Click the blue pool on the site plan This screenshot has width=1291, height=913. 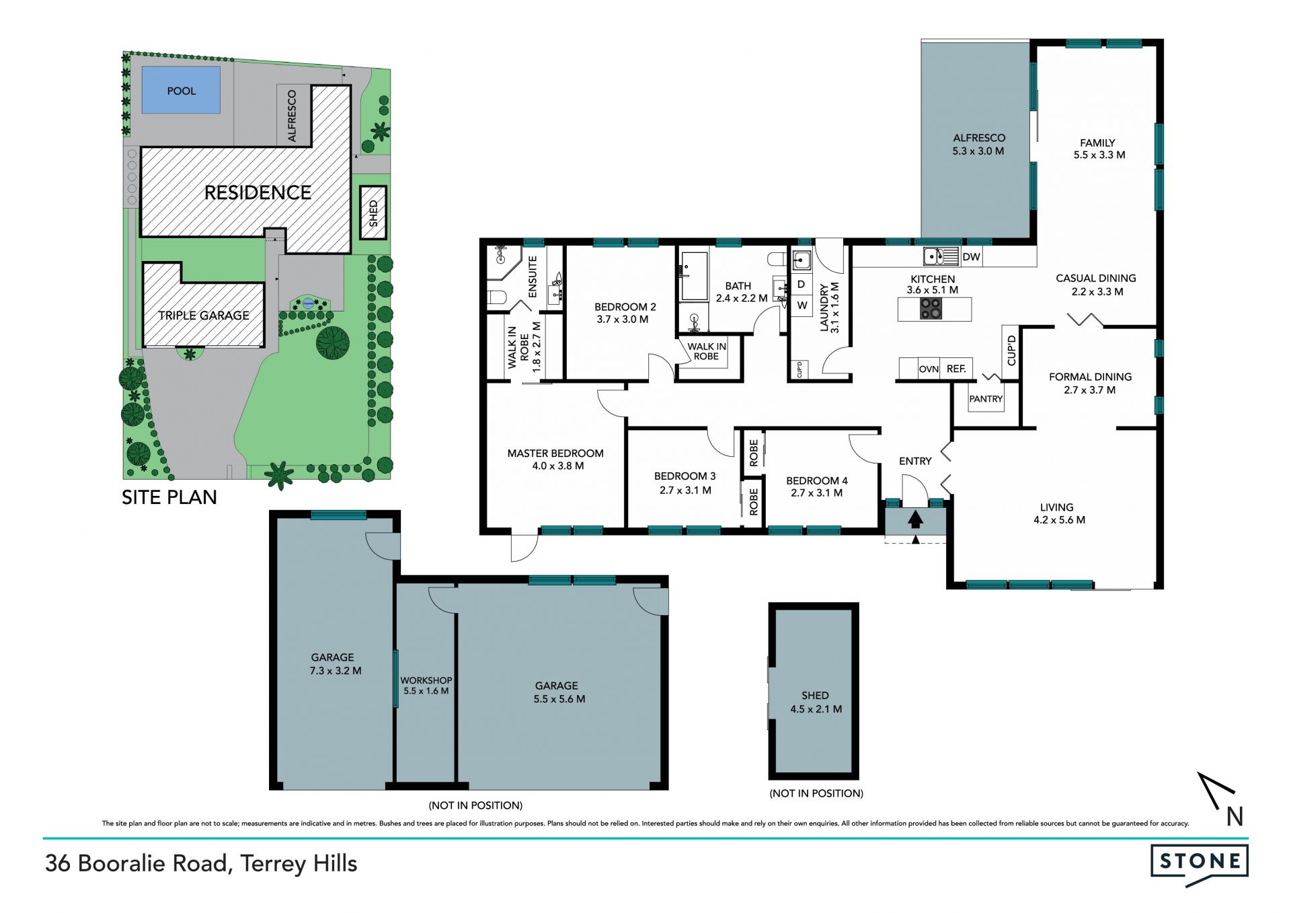181,89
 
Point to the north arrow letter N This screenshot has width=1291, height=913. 1235,816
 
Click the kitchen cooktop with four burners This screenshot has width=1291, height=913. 931,309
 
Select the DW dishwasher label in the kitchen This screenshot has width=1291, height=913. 971,256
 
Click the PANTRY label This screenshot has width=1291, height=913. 986,399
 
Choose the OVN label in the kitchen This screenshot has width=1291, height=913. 929,369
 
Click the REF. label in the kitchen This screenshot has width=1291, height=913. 956,369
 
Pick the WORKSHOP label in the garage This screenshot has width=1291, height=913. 426,680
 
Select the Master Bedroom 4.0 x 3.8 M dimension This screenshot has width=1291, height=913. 558,466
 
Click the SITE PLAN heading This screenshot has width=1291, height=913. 169,497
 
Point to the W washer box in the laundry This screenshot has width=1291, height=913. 802,305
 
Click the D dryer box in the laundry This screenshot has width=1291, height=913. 801,284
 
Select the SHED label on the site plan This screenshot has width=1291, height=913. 373,213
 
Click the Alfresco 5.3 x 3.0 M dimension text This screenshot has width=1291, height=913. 978,151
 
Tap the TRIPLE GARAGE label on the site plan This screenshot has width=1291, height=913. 204,315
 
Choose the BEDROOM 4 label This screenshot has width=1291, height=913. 817,480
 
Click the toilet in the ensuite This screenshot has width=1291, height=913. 497,297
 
